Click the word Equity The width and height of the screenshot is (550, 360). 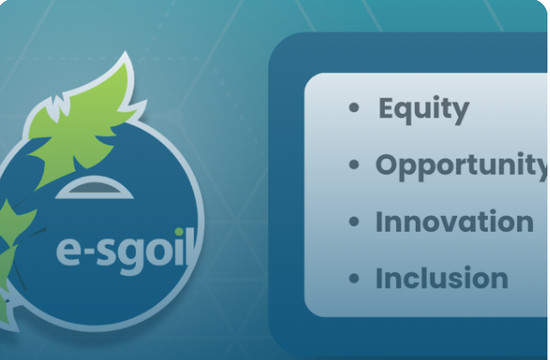click(423, 109)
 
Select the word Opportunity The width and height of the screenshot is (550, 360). click(462, 166)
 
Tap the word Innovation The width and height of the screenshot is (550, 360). click(454, 221)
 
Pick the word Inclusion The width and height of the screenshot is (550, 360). click(442, 278)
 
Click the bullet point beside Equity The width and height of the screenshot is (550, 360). click(355, 108)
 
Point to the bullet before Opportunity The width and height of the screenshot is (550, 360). click(355, 164)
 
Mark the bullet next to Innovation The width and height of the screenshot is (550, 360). click(355, 221)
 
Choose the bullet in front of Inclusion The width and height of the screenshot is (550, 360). click(355, 278)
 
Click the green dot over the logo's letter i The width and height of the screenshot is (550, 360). click(179, 232)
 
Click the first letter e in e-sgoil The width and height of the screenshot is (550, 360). click(68, 251)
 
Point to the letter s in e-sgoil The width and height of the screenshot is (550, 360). click(107, 251)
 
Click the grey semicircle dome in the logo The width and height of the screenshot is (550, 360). click(95, 188)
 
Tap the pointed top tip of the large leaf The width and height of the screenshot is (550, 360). click(126, 52)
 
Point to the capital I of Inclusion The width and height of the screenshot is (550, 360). click(379, 278)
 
